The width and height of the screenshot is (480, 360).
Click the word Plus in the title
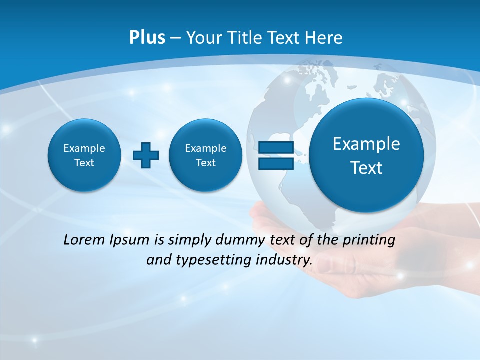click(147, 38)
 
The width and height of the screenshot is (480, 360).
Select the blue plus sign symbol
click(146, 155)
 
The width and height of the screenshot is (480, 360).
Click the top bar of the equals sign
click(276, 147)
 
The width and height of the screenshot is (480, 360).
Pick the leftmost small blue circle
click(84, 155)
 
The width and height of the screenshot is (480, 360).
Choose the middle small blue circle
click(206, 155)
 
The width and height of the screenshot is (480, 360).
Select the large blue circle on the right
click(366, 155)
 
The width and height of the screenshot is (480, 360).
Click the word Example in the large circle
click(366, 144)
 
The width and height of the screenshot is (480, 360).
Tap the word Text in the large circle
click(366, 168)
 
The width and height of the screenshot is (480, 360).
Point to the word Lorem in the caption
click(82, 240)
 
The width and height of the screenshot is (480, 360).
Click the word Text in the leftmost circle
click(84, 163)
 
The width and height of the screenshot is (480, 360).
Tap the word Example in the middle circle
click(206, 148)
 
